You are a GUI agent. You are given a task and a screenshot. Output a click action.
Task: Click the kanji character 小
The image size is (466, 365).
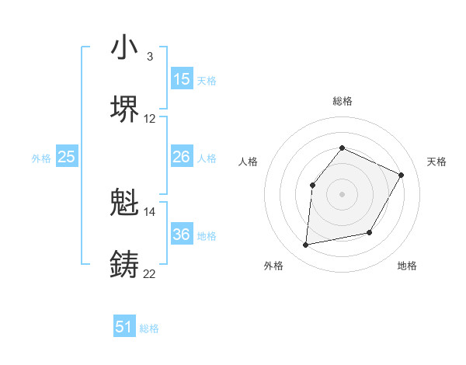coord(125,48)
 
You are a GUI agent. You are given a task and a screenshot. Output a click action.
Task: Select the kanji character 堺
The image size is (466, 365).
coord(125,109)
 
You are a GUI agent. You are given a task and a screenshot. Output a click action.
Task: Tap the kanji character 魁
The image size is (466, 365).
coord(125,203)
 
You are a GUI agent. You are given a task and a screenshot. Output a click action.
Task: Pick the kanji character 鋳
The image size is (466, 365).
coord(125,264)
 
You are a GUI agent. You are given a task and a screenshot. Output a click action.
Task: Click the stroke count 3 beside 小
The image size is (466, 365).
coord(149,57)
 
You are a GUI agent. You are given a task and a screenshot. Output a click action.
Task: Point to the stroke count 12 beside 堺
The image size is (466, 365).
coord(150,119)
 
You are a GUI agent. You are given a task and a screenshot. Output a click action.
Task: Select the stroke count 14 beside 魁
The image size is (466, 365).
coord(150,211)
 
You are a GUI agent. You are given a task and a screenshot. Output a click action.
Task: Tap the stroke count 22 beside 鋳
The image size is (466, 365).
coord(150,273)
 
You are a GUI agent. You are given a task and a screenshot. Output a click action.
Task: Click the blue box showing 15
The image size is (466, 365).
coord(182,79)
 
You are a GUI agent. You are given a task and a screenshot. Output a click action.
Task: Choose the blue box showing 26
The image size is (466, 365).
coord(182,157)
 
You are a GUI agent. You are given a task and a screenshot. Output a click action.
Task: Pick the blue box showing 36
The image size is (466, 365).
coord(182,235)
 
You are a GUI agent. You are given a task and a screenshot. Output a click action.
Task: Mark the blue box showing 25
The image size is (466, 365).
coord(67,157)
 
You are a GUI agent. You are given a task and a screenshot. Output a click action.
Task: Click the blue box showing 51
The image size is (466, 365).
coord(124,327)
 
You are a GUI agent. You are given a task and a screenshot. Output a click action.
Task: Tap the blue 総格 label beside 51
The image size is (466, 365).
coord(149,328)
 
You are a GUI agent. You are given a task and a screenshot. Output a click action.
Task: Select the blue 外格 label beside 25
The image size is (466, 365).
coord(41,158)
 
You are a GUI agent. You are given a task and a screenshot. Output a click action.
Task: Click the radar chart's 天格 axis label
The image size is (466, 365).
coord(436,162)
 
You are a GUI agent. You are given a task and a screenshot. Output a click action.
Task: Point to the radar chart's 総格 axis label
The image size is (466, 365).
coord(342,101)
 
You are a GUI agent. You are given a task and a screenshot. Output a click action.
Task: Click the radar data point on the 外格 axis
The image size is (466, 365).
coord(306,245)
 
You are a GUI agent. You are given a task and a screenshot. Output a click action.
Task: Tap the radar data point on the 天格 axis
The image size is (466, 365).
coord(401,175)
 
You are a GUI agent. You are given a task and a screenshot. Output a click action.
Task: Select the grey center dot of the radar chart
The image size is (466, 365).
coord(342,193)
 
